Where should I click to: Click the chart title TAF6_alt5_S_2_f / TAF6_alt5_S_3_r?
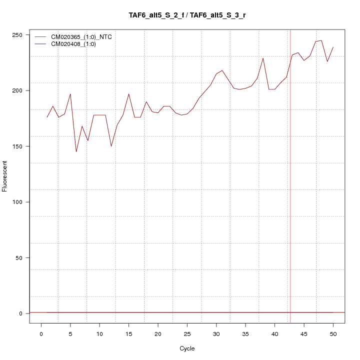click(x=187, y=15)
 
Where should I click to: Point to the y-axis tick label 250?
click(x=17, y=34)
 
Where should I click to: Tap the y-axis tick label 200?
click(x=17, y=90)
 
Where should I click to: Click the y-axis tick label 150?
click(x=17, y=146)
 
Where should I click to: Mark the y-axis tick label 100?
click(x=17, y=202)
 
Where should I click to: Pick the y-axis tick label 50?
click(x=19, y=257)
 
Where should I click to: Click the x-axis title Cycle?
click(x=187, y=348)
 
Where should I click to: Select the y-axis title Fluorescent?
click(x=5, y=176)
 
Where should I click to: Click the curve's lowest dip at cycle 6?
click(x=76, y=151)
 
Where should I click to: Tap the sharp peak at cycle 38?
click(x=263, y=58)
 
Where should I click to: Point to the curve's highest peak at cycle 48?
click(x=321, y=40)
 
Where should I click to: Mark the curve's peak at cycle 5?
click(x=70, y=94)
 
